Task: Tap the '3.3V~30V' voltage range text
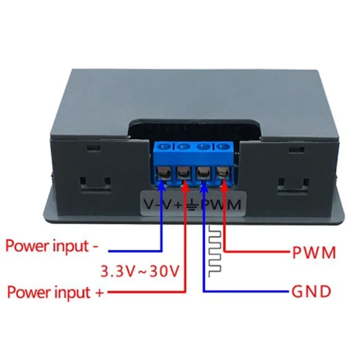[139, 271]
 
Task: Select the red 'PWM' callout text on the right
[314, 252]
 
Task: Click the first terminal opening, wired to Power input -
[163, 172]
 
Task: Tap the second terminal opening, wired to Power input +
[184, 172]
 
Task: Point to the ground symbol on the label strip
[194, 205]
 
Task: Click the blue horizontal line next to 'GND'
[245, 291]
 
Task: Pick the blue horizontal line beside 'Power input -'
[135, 251]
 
